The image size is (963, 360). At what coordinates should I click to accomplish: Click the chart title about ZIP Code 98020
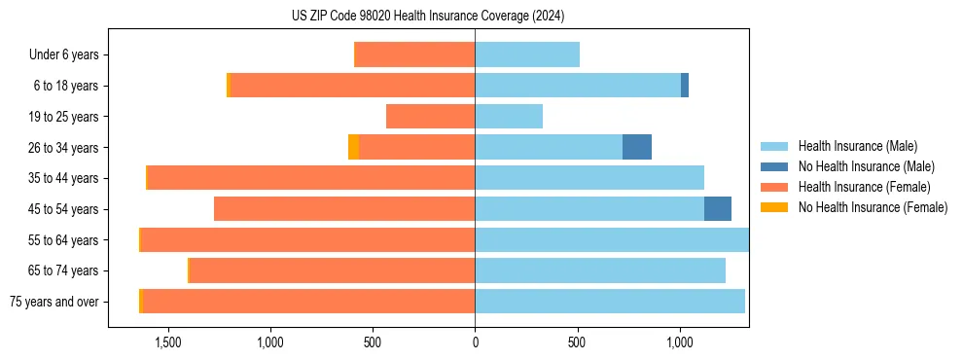point(428,16)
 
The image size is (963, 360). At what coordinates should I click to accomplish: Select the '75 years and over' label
point(54,302)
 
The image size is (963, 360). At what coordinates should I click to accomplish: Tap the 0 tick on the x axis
point(475,342)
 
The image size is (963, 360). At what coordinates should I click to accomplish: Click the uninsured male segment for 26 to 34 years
point(637,147)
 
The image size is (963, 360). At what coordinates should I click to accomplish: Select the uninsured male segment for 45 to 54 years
point(718,209)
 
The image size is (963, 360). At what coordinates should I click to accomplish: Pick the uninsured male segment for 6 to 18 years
point(685,86)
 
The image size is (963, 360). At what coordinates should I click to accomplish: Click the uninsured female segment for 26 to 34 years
point(353,147)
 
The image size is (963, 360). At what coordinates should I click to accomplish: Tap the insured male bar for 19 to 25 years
point(509,117)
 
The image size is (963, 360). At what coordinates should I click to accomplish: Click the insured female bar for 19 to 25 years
point(430,117)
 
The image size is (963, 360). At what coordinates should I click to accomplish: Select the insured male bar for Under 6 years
point(527,54)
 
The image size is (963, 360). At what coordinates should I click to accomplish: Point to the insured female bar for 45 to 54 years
point(344,209)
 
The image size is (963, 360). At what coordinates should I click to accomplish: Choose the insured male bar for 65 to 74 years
point(600,270)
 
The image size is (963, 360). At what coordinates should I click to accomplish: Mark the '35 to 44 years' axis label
point(63,178)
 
